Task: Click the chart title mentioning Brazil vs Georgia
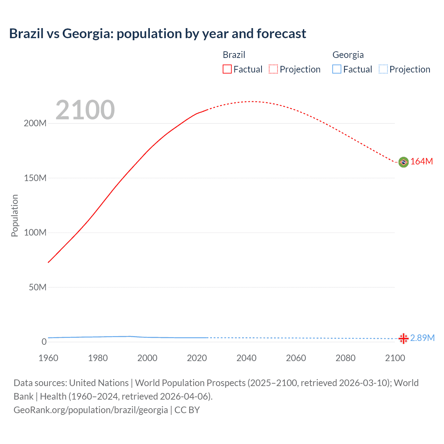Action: tap(157, 34)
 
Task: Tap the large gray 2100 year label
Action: tap(85, 110)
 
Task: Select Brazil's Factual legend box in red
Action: tap(227, 69)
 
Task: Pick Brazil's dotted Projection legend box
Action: tap(273, 69)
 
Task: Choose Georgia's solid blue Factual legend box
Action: tap(337, 69)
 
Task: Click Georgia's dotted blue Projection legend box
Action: tap(383, 69)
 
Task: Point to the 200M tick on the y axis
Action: tap(35, 123)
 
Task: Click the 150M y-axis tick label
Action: tap(35, 178)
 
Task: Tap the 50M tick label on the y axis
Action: tap(37, 287)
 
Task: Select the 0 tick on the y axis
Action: tap(44, 342)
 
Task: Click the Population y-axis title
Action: tap(15, 215)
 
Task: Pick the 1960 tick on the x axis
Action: tap(48, 358)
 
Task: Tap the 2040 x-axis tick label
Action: tap(246, 358)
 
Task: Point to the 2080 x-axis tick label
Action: tap(345, 358)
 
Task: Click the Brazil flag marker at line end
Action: tap(403, 162)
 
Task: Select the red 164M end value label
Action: tap(421, 162)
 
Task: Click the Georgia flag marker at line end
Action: tap(403, 339)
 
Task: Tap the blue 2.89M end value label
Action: tap(422, 338)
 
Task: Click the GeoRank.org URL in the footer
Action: tap(91, 410)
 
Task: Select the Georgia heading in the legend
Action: tap(348, 55)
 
